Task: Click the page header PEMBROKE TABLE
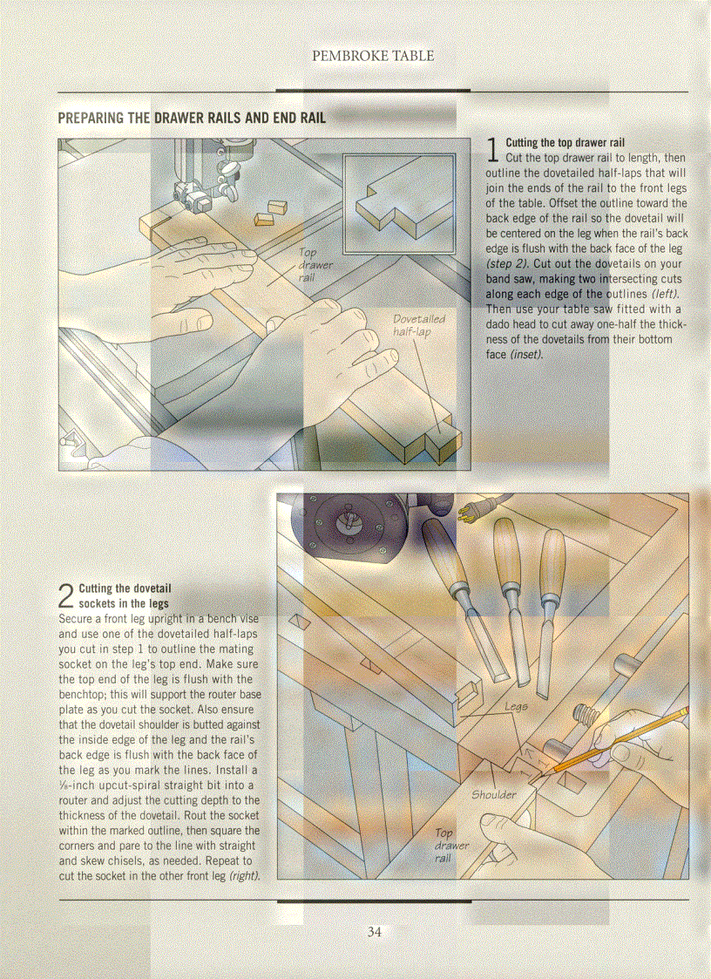pyautogui.click(x=373, y=56)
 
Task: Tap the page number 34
pyautogui.click(x=375, y=932)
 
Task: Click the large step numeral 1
pyautogui.click(x=493, y=150)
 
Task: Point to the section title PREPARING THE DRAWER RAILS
pyautogui.click(x=191, y=118)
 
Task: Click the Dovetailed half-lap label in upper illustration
pyautogui.click(x=418, y=325)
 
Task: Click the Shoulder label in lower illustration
pyautogui.click(x=494, y=794)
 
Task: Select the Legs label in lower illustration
pyautogui.click(x=516, y=706)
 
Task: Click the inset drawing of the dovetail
pyautogui.click(x=398, y=201)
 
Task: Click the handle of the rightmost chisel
pyautogui.click(x=552, y=566)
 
